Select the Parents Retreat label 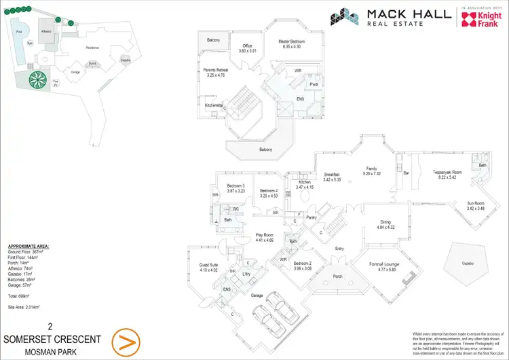pos(219,73)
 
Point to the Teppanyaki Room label pos(447,175)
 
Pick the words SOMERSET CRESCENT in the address pos(53,339)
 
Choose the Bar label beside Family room pos(407,174)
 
